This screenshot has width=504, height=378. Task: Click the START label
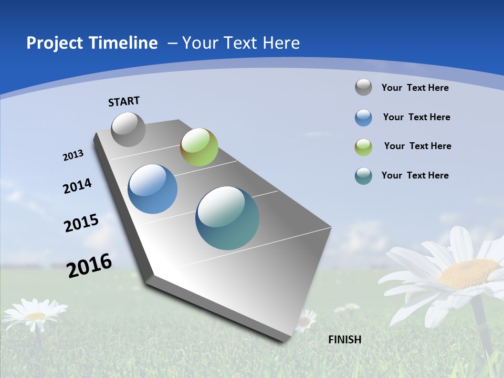[124, 101]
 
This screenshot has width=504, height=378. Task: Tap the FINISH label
[344, 340]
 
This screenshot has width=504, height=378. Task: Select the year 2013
[73, 155]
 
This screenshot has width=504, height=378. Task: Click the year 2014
[77, 186]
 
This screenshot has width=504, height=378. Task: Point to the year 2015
[81, 223]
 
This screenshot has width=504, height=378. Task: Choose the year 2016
[89, 266]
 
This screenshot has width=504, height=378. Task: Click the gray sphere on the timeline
[128, 129]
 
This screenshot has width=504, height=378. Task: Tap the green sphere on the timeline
[199, 147]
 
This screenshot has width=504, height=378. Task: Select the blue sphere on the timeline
[153, 189]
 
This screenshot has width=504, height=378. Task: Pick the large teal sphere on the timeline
[227, 218]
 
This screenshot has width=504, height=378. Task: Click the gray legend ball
[363, 87]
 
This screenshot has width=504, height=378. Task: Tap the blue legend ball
[363, 118]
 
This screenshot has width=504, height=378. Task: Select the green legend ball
[363, 147]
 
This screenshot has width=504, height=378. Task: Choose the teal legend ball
[363, 176]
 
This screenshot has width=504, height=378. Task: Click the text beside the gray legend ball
[415, 88]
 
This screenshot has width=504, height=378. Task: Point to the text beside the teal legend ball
[415, 175]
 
